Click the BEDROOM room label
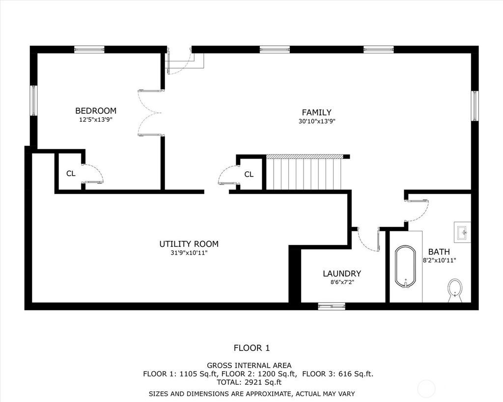coord(96,111)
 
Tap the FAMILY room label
coord(317,112)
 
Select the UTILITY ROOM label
coord(189,244)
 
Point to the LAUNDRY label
coord(342,273)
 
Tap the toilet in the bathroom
coord(455,290)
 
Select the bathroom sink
coord(462,232)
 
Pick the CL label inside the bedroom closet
coord(71,173)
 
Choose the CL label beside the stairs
coord(249,174)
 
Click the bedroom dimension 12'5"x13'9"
coord(96,120)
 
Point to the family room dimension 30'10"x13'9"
coord(317,121)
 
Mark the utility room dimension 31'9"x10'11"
coord(189,253)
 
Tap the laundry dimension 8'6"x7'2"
coord(342,282)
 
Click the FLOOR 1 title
coord(252,348)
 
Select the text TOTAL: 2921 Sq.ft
coord(249,382)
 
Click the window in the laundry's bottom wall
coord(332,306)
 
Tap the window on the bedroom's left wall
coord(34,100)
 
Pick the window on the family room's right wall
coord(475,106)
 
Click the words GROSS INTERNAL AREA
coord(249,366)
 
